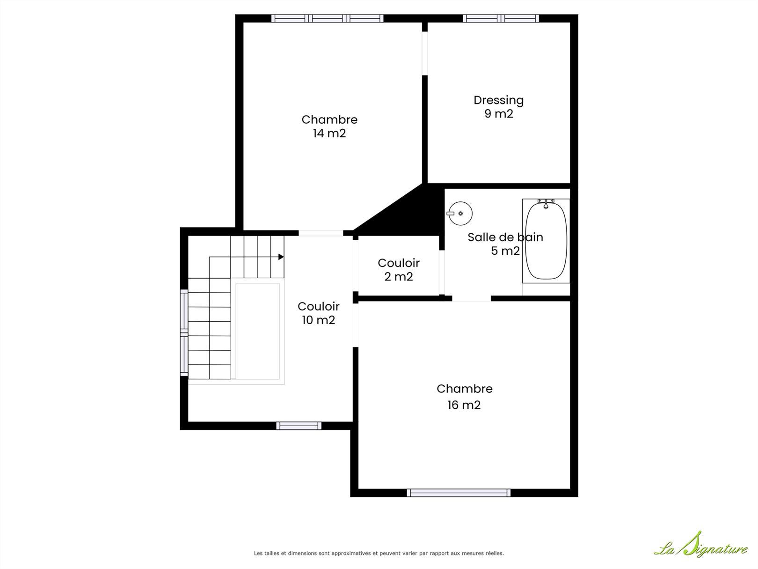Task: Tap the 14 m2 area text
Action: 329,133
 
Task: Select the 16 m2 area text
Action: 464,405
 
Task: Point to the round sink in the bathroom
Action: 460,214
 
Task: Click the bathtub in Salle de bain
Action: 546,241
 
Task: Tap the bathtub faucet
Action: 546,203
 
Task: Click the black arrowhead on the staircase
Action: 281,257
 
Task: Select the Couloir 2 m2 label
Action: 399,270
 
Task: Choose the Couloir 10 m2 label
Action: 318,313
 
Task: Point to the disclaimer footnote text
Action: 379,553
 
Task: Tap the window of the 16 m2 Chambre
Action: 459,493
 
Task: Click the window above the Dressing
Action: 501,18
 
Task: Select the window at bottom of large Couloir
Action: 299,426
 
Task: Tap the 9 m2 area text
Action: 499,114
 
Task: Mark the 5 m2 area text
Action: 505,251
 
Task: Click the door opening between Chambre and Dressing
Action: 425,53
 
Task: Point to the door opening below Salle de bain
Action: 471,298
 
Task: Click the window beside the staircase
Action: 184,333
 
